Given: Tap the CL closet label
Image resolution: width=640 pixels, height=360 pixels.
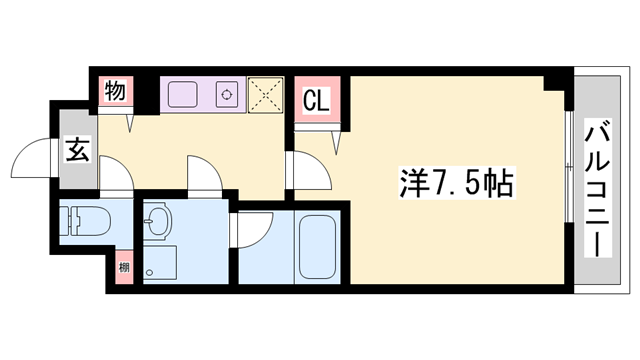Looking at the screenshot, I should [316, 102].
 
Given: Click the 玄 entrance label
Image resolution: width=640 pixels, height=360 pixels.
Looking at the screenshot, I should [76, 151].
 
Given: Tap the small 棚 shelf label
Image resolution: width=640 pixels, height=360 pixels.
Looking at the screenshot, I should [123, 267].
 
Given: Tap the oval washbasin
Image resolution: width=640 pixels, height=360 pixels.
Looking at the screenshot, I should [157, 221].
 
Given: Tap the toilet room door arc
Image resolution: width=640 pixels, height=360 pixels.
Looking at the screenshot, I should [116, 180].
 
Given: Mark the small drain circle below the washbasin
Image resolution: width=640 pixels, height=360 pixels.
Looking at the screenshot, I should [151, 269].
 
